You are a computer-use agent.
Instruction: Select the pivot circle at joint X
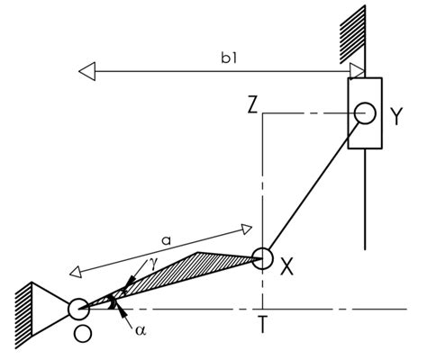tap(262, 257)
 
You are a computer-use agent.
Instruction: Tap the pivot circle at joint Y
tap(365, 113)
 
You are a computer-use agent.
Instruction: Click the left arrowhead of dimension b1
tap(86, 67)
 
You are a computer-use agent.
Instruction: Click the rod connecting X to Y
tap(311, 190)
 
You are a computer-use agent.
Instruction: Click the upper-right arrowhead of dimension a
tap(250, 225)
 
